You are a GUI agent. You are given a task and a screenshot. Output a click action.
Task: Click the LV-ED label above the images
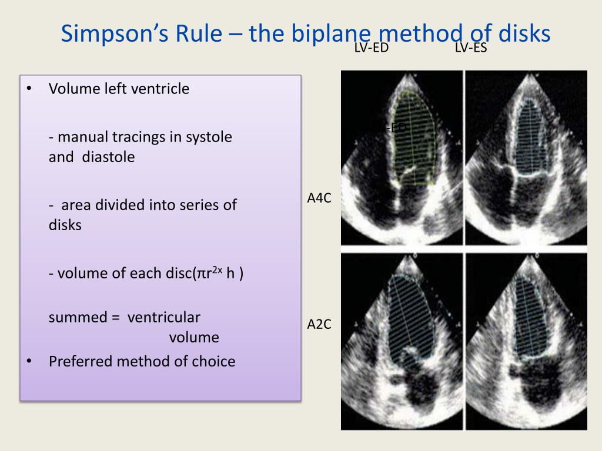tap(371, 48)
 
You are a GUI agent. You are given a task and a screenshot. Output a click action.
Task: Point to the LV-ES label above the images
tap(470, 48)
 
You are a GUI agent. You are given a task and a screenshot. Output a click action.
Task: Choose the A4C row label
tap(319, 198)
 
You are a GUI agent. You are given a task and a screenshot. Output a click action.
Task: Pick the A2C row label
tap(319, 324)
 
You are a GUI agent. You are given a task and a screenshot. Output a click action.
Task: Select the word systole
tap(209, 137)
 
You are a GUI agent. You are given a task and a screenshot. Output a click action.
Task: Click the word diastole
tap(108, 157)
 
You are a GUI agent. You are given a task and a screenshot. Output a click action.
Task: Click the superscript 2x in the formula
tap(218, 270)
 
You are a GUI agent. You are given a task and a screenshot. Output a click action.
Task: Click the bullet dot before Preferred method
tap(29, 361)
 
